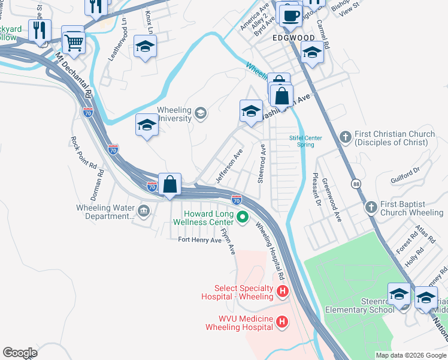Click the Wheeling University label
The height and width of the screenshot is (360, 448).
point(174,114)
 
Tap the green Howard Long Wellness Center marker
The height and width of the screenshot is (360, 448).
point(243,217)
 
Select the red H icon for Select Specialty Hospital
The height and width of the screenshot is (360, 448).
point(282,293)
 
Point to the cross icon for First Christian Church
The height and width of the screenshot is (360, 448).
point(345,138)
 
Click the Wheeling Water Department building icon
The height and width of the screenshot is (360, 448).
point(144,211)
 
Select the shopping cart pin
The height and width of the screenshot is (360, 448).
point(73,40)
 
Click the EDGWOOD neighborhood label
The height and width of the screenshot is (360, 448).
point(293,37)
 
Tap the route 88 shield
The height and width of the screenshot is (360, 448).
point(356,185)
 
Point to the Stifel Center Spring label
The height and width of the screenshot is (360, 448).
point(306,141)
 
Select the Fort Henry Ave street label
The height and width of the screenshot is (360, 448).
point(199,240)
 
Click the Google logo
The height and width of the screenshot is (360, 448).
point(20,353)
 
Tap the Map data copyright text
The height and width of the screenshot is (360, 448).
point(410,355)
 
